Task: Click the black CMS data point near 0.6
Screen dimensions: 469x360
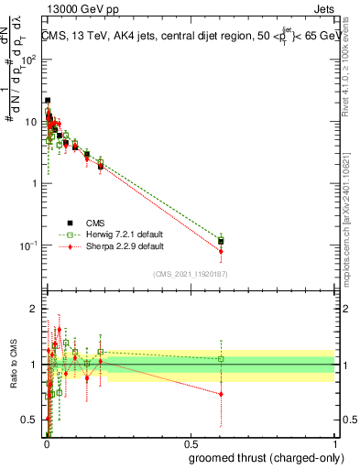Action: [x=221, y=242]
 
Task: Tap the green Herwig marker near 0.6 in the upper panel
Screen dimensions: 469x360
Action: [x=221, y=238]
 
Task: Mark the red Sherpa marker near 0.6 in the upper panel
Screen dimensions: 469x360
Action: [x=221, y=251]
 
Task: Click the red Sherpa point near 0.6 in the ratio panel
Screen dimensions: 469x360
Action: [x=221, y=394]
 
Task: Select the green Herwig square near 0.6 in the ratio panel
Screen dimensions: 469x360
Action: [x=221, y=359]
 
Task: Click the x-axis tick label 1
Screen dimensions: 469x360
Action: [x=334, y=443]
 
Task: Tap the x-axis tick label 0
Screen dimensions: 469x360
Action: [x=47, y=443]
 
